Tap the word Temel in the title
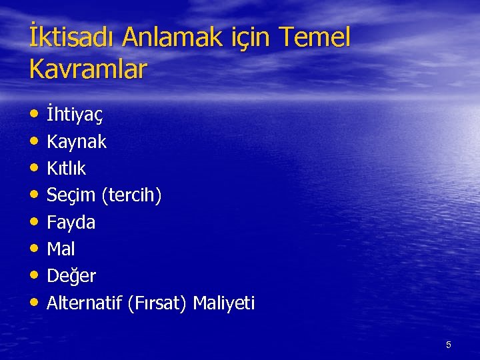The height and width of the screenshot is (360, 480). (x=315, y=39)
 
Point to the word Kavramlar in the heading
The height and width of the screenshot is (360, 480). (x=88, y=69)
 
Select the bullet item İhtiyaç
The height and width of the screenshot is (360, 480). (x=75, y=115)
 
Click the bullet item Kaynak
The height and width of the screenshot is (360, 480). (x=77, y=141)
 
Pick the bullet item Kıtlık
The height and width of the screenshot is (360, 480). (x=66, y=168)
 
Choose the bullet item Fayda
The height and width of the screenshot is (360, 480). (x=71, y=222)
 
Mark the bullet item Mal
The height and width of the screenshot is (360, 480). (x=61, y=249)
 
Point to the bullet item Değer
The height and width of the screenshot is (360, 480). (x=71, y=276)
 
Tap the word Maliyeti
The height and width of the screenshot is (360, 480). (x=224, y=303)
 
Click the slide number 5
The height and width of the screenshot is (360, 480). (x=449, y=345)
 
